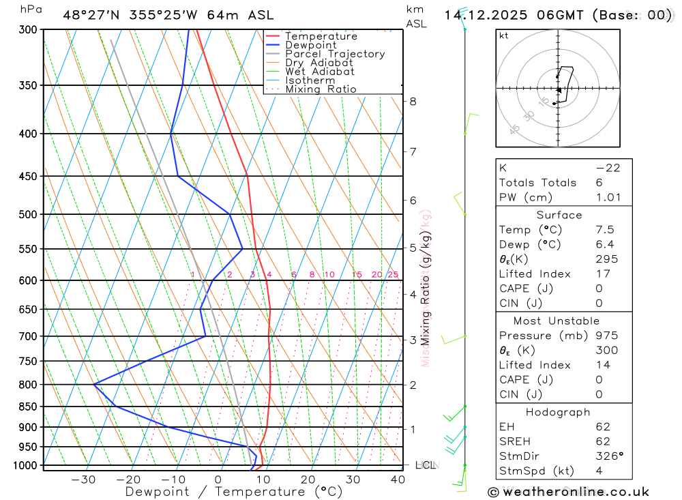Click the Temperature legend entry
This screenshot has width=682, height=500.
[321, 36]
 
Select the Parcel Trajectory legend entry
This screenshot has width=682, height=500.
[335, 54]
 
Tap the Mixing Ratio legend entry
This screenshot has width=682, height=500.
[321, 89]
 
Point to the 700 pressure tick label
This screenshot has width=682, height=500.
[29, 336]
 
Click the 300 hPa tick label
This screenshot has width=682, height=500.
[29, 30]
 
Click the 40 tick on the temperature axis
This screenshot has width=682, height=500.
[398, 480]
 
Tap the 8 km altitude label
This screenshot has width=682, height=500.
[413, 102]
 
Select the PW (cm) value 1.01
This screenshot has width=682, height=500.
[608, 198]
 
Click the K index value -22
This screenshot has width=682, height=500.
[608, 168]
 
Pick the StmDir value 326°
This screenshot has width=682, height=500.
[608, 456]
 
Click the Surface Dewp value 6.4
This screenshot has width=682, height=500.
[604, 244]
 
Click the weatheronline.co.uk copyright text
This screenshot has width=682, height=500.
[569, 492]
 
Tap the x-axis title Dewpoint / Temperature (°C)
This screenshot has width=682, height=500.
[233, 491]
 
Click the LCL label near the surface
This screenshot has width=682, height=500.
[425, 465]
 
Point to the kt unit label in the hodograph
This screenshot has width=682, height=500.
[504, 35]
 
